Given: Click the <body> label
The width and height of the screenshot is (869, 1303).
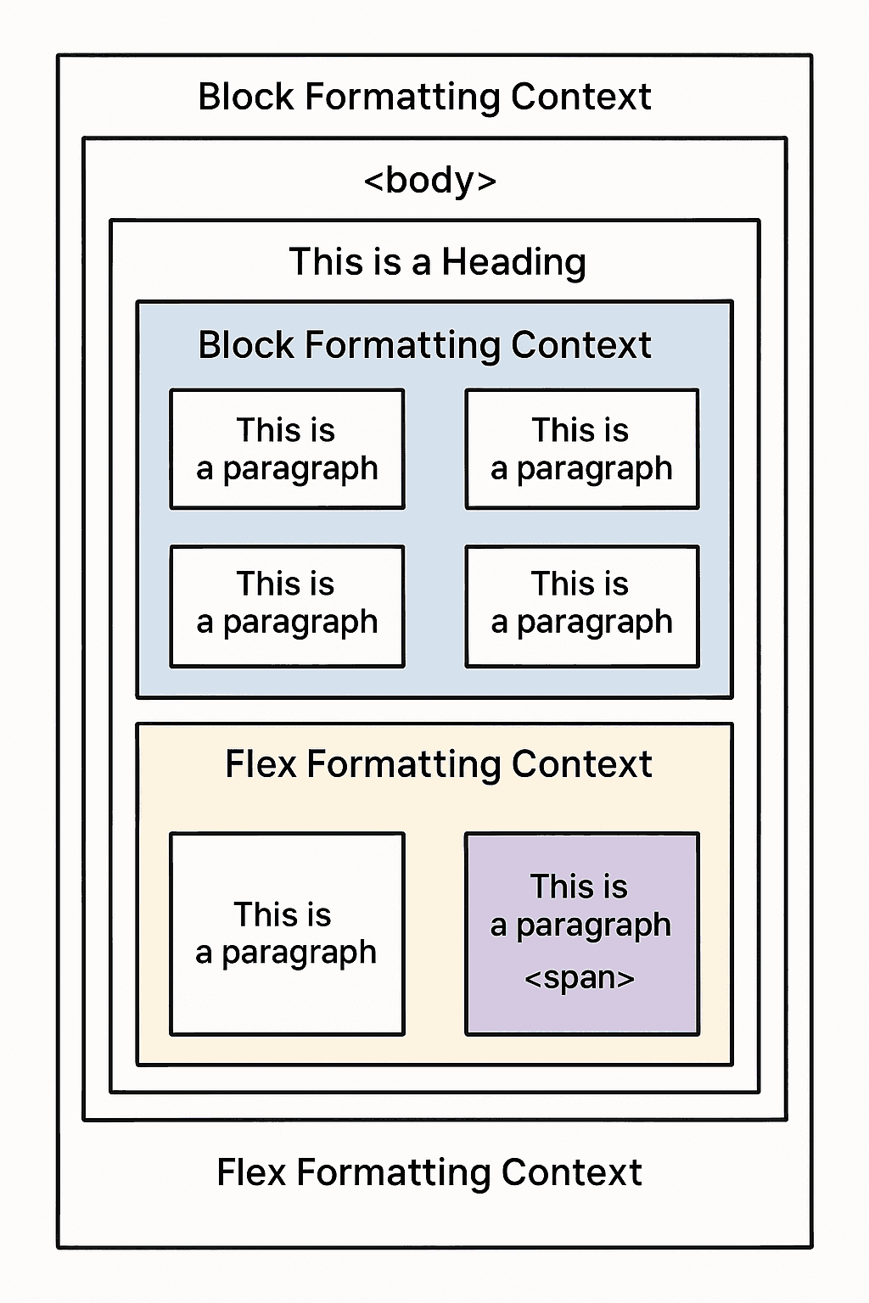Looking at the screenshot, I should (429, 181).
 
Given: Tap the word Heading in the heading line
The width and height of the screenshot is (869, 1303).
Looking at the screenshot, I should (513, 262).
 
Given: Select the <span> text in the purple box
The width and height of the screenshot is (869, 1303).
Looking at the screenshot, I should (580, 978).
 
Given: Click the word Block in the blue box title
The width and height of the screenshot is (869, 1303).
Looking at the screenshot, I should (245, 345).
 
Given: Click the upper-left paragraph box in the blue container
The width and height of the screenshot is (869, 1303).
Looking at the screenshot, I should (287, 449).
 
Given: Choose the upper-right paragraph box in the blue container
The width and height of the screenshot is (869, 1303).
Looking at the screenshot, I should (582, 449).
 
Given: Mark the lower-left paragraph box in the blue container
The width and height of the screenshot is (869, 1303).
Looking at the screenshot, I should (287, 606).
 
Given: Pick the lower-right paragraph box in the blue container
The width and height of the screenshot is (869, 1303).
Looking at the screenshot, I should (582, 606).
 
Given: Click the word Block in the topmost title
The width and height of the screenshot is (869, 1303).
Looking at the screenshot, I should (245, 97).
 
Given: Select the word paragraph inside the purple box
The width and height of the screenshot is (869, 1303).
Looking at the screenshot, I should (593, 926).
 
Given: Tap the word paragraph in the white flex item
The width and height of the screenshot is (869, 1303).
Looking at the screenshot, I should (299, 953).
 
